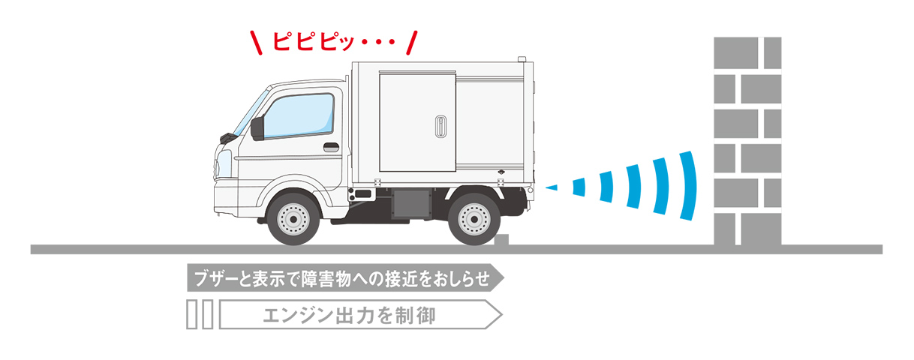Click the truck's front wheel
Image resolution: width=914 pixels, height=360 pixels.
(293, 218)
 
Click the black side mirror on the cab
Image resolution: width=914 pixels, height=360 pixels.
(257, 128)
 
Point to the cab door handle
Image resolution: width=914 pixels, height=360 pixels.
(331, 147)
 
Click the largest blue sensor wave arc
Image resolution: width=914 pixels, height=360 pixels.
(688, 186)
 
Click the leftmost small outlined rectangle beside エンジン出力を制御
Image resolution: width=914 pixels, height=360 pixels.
(191, 315)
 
